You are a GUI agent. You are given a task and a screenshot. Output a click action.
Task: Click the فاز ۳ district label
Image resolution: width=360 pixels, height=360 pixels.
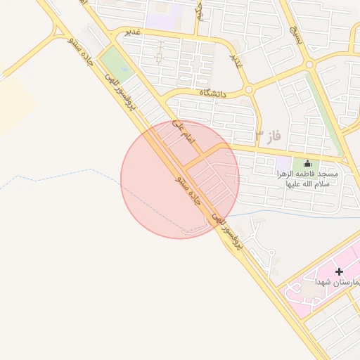tap(269, 134)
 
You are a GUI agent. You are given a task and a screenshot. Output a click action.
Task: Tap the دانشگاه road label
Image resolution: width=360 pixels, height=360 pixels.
tap(214, 92)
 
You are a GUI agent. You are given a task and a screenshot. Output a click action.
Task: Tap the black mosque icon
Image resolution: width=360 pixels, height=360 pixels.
tap(307, 164)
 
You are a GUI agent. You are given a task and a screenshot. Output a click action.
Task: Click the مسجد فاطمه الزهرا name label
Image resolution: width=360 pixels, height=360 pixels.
tap(307, 179)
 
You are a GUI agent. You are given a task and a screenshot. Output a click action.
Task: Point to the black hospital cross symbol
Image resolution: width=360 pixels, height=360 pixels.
tap(339, 271)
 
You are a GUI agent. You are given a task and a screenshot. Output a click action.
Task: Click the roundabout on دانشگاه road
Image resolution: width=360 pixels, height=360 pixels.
tap(248, 89)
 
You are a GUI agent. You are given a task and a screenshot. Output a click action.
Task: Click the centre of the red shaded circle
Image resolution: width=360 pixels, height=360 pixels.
tap(180, 179)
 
